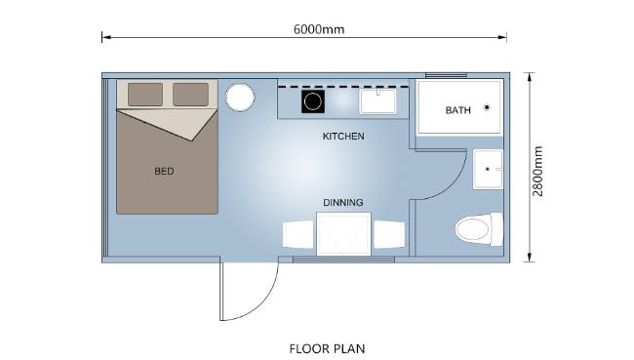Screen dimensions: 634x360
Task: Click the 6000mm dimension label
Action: pyautogui.click(x=319, y=29)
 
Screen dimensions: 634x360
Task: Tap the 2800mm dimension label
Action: pyautogui.click(x=537, y=171)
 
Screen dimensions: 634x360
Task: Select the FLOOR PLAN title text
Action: pyautogui.click(x=327, y=348)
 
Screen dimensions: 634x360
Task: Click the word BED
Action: pyautogui.click(x=164, y=171)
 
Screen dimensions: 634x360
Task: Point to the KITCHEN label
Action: pyautogui.click(x=343, y=137)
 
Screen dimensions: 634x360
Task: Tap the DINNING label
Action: pyautogui.click(x=343, y=202)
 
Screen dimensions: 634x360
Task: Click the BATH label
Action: pyautogui.click(x=458, y=110)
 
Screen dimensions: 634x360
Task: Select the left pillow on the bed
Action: pyautogui.click(x=145, y=95)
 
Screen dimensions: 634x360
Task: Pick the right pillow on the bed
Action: pyautogui.click(x=191, y=95)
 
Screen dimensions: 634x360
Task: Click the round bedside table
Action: pyautogui.click(x=240, y=98)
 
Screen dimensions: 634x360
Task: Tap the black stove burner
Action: pyautogui.click(x=312, y=101)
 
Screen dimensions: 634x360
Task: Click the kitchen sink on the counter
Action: pyautogui.click(x=377, y=101)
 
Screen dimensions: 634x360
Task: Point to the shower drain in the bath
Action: pyautogui.click(x=487, y=107)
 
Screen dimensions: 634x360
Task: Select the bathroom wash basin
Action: pyautogui.click(x=488, y=169)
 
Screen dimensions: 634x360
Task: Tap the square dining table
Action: pyautogui.click(x=343, y=234)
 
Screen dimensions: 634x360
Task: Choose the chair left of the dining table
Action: pyautogui.click(x=298, y=234)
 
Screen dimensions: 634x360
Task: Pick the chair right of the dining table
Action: pyautogui.click(x=389, y=234)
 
